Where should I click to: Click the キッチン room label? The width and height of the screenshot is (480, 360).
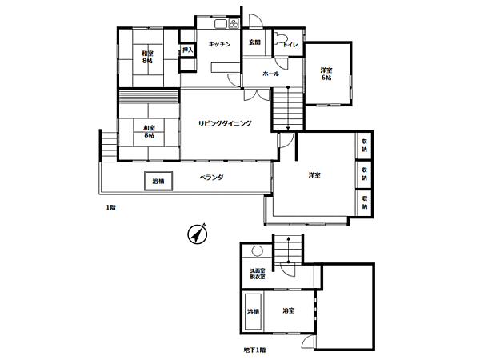pos(220,45)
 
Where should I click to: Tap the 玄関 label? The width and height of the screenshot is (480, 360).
pos(254,42)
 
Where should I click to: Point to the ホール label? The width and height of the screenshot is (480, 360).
pos(270,74)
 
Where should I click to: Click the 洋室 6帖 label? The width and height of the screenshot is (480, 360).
pos(327,73)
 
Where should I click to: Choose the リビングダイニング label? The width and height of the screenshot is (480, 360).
pos(226,122)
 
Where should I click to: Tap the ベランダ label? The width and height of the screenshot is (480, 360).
pos(211,178)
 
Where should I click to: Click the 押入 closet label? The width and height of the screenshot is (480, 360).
pos(188,50)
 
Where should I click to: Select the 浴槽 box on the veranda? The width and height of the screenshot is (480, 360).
pos(158,182)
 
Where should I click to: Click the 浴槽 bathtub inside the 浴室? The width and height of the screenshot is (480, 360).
pos(253,311)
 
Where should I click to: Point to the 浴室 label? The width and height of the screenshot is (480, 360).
pos(289,310)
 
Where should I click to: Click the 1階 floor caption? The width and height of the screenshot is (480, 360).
pos(111,208)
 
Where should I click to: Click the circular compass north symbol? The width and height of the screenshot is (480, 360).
pos(196,234)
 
